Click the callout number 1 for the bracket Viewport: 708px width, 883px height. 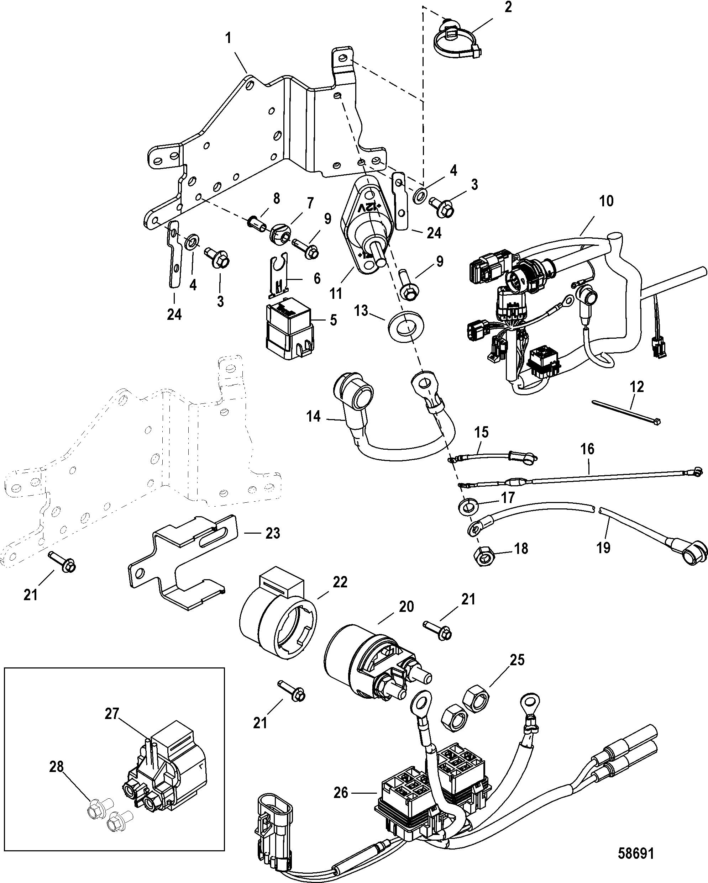tap(228, 39)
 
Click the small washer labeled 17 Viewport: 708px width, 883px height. tap(467, 507)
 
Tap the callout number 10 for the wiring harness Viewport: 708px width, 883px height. tap(607, 201)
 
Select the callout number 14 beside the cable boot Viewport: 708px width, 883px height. tap(314, 417)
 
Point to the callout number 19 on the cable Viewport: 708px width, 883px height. tap(603, 548)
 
